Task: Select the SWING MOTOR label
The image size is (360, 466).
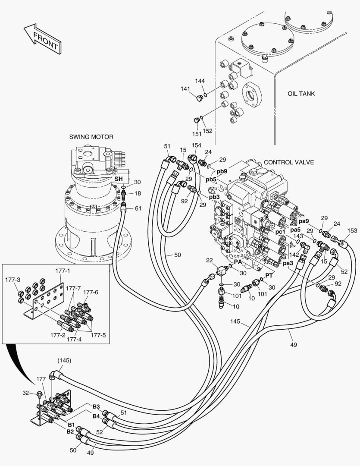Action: (x=91, y=137)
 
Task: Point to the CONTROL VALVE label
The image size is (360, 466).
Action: (x=288, y=162)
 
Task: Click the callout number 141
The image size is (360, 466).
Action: (x=185, y=89)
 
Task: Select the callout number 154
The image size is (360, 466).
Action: (x=196, y=145)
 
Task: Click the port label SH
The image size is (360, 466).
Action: (x=118, y=178)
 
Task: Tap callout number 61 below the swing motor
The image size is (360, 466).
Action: (x=138, y=208)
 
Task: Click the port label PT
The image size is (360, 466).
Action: (x=269, y=275)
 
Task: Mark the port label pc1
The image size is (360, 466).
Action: (x=280, y=232)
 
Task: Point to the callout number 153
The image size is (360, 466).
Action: (x=352, y=231)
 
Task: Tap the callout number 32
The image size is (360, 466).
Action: (x=26, y=393)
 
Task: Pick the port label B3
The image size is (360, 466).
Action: (x=96, y=406)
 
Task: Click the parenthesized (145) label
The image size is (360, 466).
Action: (x=64, y=360)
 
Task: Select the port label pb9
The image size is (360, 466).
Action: (x=222, y=171)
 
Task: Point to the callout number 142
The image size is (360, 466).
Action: (x=294, y=255)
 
